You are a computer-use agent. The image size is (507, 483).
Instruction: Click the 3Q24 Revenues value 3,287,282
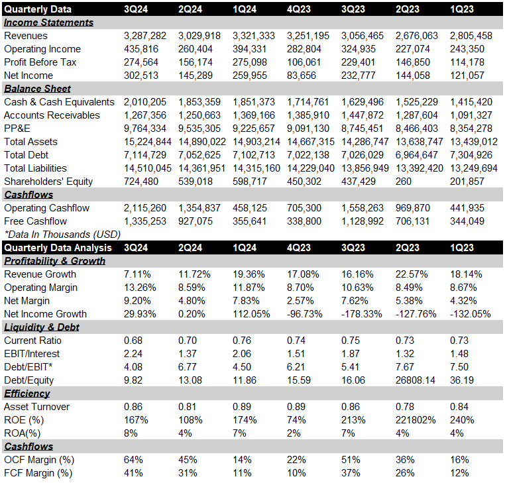pyautogui.click(x=145, y=36)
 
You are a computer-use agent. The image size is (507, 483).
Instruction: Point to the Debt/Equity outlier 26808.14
pyautogui.click(x=415, y=380)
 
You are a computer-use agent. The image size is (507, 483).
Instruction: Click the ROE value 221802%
pyautogui.click(x=416, y=420)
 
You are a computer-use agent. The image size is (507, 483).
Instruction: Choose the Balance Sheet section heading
pyautogui.click(x=37, y=89)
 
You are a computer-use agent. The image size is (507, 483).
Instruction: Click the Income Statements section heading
pyautogui.click(x=48, y=23)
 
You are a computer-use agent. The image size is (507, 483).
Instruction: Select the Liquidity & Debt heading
pyautogui.click(x=41, y=327)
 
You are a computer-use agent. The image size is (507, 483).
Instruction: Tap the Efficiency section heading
pyautogui.click(x=27, y=394)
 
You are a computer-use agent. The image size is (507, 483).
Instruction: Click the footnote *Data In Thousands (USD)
pyautogui.click(x=62, y=235)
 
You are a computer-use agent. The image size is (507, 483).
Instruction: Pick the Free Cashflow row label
pyautogui.click(x=35, y=221)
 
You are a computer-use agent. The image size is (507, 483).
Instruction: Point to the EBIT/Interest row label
pyautogui.click(x=32, y=354)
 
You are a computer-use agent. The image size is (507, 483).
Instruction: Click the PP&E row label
pyautogui.click(x=17, y=129)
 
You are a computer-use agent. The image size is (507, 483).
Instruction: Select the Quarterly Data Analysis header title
pyautogui.click(x=58, y=248)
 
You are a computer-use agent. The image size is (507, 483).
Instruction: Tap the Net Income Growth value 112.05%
pyautogui.click(x=251, y=314)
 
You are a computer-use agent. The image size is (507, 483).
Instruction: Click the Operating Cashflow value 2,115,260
pyautogui.click(x=145, y=208)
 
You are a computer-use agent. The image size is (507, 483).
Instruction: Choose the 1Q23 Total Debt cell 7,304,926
pyautogui.click(x=471, y=155)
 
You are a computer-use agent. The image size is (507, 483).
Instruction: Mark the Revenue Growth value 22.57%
pyautogui.click(x=412, y=274)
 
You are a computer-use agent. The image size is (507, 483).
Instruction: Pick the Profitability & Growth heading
pyautogui.click(x=54, y=261)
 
